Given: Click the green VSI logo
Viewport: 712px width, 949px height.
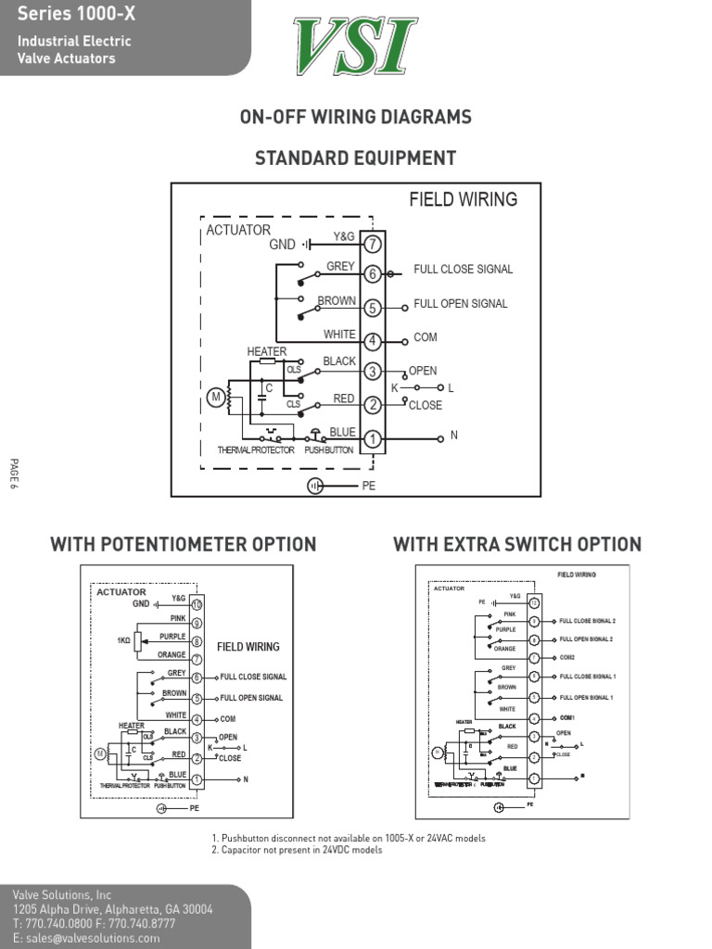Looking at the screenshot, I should point(356,47).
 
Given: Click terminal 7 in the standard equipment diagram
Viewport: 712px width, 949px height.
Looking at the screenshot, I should point(373,245).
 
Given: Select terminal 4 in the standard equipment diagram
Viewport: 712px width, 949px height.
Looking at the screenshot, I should point(373,341).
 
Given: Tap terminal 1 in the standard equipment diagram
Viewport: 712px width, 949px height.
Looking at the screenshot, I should point(373,438).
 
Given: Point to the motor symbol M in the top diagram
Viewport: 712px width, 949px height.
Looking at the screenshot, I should point(216,399).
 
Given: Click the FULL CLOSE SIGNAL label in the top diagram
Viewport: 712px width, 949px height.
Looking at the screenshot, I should point(463,270).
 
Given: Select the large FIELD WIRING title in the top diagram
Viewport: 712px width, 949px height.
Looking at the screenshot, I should point(464,199).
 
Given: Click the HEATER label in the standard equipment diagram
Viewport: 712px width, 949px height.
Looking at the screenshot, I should point(266,351).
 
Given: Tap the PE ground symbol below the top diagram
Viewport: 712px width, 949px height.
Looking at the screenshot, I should point(316,486).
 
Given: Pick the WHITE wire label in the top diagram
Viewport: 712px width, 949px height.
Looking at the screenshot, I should point(339,335).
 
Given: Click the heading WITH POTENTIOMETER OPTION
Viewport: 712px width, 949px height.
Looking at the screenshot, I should point(184,544).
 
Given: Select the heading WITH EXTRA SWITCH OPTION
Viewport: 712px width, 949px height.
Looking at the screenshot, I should point(517,544).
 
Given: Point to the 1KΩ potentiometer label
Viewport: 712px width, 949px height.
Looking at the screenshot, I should point(123,640).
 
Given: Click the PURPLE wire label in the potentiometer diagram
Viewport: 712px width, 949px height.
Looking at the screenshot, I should point(172,637).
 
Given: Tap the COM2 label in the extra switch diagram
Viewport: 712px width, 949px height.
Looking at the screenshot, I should point(566,657).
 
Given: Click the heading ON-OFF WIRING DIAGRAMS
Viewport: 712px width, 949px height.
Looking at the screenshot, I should point(356,117).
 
